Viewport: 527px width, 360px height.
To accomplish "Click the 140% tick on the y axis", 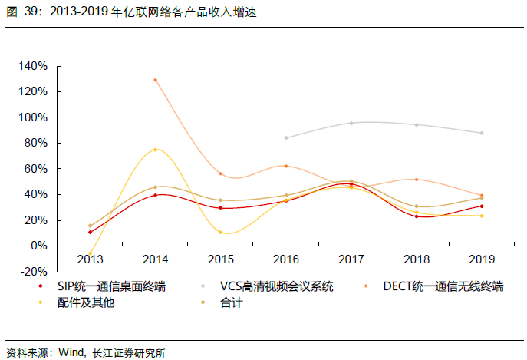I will [x=35, y=66].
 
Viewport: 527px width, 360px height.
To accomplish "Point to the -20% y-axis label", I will [x=35, y=271].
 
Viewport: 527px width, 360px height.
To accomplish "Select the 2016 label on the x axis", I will [x=286, y=259].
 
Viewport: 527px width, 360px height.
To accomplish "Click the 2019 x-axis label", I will [x=481, y=259].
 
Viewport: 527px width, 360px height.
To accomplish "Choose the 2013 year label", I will [x=90, y=259].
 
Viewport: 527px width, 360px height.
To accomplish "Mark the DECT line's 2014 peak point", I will [x=155, y=80].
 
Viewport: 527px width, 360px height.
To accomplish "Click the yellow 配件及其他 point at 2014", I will [x=155, y=150].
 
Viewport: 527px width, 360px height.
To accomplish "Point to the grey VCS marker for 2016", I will [x=286, y=138].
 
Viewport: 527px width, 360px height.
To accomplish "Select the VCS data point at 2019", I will [x=481, y=133].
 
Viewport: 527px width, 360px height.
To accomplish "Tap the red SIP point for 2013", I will [x=91, y=232].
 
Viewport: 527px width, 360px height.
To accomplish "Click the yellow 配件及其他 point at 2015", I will [x=220, y=232].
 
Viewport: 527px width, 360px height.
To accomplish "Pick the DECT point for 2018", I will [x=416, y=180].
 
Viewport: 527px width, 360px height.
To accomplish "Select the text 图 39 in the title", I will [x=18, y=13].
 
